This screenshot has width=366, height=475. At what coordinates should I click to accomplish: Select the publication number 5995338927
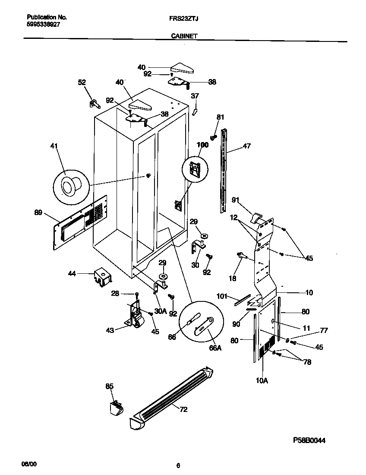43,25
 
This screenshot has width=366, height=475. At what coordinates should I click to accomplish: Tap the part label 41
54,147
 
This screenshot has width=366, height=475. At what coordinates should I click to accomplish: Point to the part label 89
38,212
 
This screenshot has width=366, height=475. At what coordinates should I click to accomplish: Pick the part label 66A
215,348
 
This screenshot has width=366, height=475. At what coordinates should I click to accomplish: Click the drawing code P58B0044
309,440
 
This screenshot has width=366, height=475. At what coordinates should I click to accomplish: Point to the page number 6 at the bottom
178,465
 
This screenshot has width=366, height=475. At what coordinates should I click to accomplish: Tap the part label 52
82,82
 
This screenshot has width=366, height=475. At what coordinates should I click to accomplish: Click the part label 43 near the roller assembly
110,330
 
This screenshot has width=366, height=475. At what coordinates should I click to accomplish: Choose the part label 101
221,296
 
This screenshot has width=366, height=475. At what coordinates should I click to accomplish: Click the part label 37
195,96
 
